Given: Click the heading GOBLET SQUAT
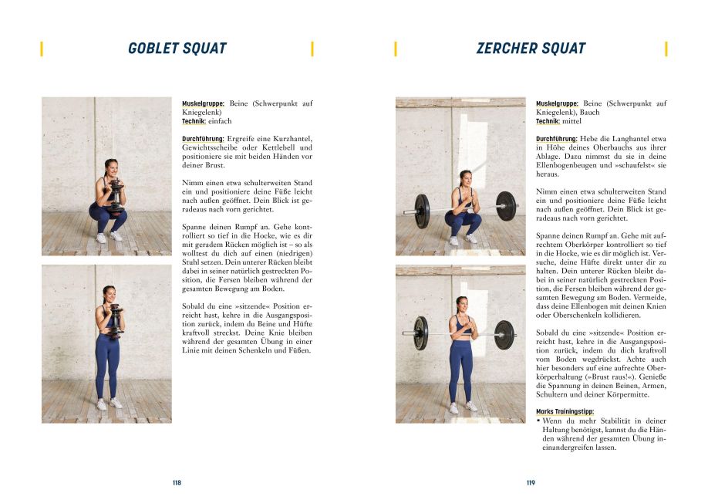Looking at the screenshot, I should point(177,49).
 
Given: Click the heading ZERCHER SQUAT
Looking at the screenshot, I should point(531,49).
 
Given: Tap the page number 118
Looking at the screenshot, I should point(177,483).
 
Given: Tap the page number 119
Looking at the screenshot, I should point(531,483).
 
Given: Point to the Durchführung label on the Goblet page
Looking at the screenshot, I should point(204,139).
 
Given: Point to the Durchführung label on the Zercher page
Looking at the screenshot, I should point(558,139).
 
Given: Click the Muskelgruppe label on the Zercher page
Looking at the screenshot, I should point(557,103).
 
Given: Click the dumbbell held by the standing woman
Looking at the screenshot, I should point(116,320).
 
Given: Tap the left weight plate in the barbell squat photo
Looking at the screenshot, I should point(421,210).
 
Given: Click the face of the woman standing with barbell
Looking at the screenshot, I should point(463,302).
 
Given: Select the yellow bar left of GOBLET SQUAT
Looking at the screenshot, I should point(42,49).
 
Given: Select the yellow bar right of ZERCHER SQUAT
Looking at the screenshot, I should point(666,49).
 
